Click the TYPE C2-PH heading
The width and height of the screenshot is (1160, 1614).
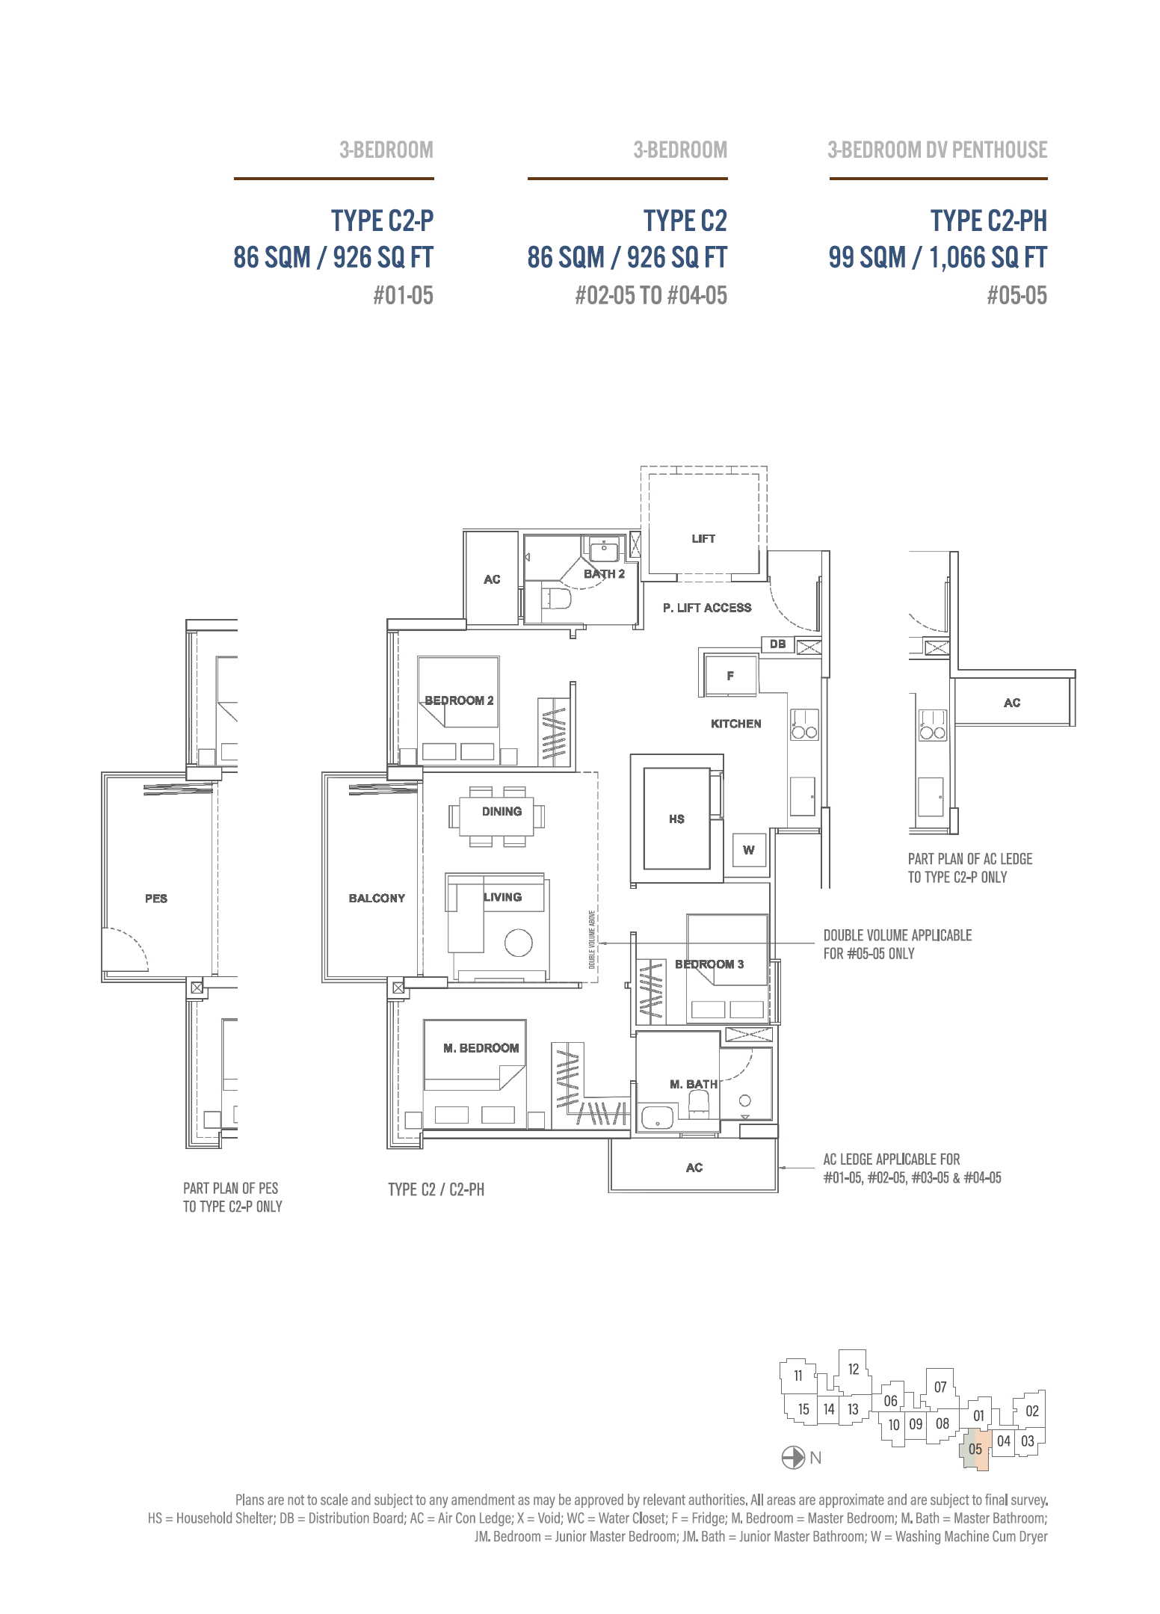[988, 221]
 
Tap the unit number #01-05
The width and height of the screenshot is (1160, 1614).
[403, 295]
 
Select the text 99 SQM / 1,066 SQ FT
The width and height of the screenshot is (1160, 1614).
[937, 258]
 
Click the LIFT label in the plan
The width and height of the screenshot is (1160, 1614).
[703, 538]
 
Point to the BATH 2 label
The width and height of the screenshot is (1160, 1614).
[604, 574]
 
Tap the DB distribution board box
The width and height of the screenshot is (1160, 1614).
[777, 644]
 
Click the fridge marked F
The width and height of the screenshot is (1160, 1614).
[730, 675]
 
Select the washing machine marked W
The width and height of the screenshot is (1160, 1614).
[749, 850]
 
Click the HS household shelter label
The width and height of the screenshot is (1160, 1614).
[676, 819]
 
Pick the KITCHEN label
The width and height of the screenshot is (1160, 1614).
[735, 724]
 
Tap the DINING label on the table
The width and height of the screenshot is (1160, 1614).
[502, 811]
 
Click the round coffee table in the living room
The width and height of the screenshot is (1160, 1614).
[518, 943]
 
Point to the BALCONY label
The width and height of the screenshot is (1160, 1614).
[377, 898]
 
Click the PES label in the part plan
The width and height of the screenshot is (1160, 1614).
[156, 899]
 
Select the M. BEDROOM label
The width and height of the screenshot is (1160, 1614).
[481, 1048]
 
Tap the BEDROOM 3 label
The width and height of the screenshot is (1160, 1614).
[709, 964]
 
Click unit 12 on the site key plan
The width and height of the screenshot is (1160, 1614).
[854, 1370]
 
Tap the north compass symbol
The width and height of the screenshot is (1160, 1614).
[792, 1458]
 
